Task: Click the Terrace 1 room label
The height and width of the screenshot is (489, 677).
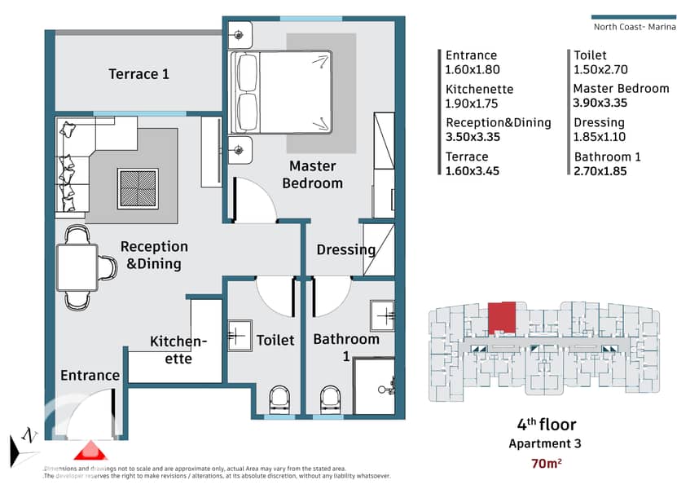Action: (x=138, y=74)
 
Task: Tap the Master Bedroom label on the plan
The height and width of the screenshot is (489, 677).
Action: (x=313, y=174)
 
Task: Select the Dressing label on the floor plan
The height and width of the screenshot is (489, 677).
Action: (x=346, y=250)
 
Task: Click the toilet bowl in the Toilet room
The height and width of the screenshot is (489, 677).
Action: (x=279, y=400)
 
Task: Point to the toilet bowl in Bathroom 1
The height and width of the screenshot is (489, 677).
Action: (x=331, y=400)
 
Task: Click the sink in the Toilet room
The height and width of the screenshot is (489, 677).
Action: (x=240, y=335)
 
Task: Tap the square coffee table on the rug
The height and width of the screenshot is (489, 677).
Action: (x=138, y=189)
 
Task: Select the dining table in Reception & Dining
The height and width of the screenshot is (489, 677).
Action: (x=77, y=267)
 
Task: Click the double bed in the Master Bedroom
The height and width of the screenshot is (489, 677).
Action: (x=280, y=92)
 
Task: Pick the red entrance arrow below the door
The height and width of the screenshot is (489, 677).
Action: (x=90, y=451)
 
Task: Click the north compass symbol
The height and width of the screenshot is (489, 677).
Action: (x=24, y=447)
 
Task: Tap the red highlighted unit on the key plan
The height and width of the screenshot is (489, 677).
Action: (x=502, y=318)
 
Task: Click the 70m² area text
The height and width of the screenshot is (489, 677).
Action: (x=546, y=464)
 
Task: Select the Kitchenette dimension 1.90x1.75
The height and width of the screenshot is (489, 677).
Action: (x=472, y=104)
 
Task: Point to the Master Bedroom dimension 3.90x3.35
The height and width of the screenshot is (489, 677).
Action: (x=600, y=103)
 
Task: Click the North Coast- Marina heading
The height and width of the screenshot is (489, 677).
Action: (x=635, y=27)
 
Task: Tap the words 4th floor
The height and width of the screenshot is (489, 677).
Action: (x=547, y=425)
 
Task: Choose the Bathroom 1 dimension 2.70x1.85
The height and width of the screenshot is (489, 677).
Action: (x=600, y=171)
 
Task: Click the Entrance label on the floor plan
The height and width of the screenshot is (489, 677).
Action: (x=90, y=376)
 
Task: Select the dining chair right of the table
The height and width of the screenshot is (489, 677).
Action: (x=108, y=267)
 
